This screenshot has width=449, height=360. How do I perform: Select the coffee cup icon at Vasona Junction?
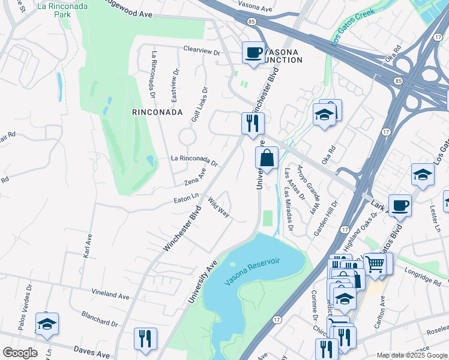(x=253, y=52)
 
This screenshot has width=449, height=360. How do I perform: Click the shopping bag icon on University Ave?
(x=267, y=158)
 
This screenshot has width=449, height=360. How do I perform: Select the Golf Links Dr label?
(x=199, y=105)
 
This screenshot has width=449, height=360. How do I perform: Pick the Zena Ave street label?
(x=195, y=176)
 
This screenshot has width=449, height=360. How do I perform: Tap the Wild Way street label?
(x=219, y=207)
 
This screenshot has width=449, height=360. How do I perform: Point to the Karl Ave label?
(x=87, y=246)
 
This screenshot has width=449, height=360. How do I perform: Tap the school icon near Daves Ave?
(x=47, y=324)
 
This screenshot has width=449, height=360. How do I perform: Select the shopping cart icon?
(x=375, y=263)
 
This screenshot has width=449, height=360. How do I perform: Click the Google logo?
(x=20, y=353)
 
